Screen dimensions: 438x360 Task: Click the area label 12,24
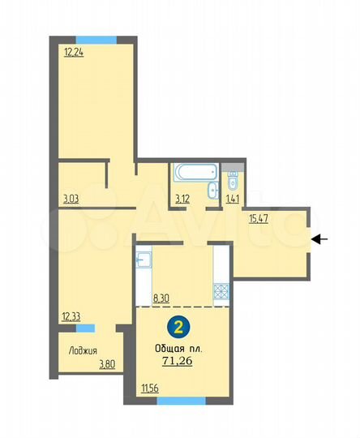coord(73,54)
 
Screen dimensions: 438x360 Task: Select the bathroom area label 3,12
coord(182,196)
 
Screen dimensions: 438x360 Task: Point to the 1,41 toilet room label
coord(232,196)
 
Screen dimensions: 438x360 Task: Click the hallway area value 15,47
coord(259,218)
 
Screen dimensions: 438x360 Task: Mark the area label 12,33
coord(71,316)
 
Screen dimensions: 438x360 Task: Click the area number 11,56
coord(149,390)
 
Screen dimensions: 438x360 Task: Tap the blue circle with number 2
coord(175,328)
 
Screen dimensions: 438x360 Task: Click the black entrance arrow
coord(319,238)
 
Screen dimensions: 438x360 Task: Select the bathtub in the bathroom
coord(194,174)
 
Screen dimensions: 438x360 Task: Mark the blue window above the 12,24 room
coord(96,39)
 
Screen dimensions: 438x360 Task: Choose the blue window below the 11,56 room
coord(181,400)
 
